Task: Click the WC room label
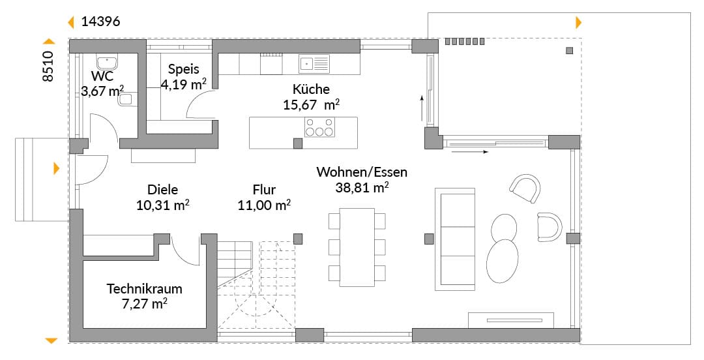point(102,76)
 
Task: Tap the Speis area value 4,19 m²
point(184,83)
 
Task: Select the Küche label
point(311,89)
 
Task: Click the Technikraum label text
point(144,288)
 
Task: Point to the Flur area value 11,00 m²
point(264,205)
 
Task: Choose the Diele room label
point(162,190)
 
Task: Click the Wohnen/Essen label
point(362,172)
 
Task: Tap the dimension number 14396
point(100,22)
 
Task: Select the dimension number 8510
point(48,66)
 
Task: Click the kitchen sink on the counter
point(314,64)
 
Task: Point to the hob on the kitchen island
point(319,127)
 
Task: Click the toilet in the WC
point(127,100)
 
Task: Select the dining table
point(357,247)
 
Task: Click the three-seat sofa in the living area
point(455,239)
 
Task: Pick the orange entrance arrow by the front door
point(57,168)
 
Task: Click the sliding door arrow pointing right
point(469,152)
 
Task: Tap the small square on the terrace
point(569,50)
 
